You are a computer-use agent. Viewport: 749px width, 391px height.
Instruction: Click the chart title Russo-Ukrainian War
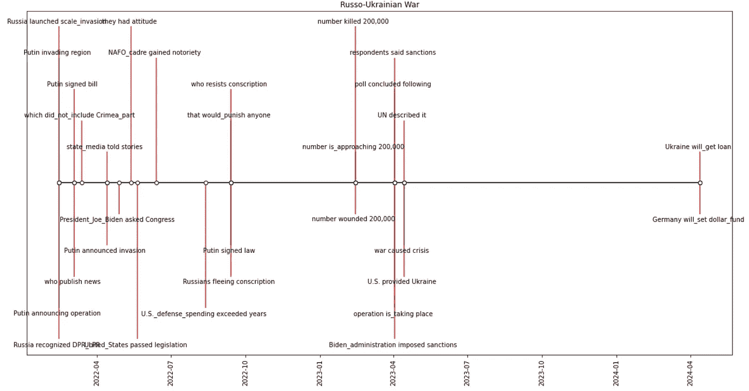[375, 5]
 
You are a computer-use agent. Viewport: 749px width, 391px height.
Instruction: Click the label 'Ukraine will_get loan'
[698, 147]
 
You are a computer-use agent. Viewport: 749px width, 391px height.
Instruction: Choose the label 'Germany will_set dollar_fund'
[698, 220]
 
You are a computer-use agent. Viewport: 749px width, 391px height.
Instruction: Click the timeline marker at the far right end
[700, 183]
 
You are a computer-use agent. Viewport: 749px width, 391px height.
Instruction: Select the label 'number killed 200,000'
[353, 22]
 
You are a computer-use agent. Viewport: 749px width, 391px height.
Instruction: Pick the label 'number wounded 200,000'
[353, 219]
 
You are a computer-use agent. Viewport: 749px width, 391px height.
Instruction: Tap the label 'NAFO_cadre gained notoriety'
[155, 52]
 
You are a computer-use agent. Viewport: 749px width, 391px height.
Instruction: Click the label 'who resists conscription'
[229, 84]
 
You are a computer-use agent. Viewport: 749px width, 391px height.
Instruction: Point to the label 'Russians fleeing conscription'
[229, 282]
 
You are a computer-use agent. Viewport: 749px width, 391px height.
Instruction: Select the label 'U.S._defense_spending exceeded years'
[204, 314]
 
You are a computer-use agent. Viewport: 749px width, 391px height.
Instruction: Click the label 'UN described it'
[402, 115]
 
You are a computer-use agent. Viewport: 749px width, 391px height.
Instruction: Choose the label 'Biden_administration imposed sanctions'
[393, 345]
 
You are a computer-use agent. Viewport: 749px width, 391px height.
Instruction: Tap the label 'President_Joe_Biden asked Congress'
[117, 220]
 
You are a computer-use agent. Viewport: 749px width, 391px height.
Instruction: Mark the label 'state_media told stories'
[105, 147]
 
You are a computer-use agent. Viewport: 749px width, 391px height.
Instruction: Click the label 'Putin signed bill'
[72, 84]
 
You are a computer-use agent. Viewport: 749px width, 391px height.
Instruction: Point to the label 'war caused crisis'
[402, 251]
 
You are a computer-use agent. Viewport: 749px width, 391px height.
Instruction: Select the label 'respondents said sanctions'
[393, 52]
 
